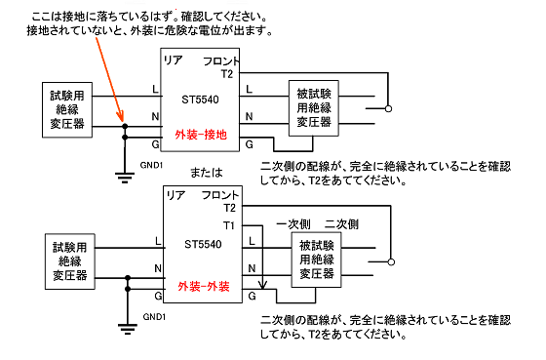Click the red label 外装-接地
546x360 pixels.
pyautogui.click(x=201, y=136)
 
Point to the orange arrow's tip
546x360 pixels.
pyautogui.click(x=123, y=125)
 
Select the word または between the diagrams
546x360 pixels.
pyautogui.click(x=207, y=172)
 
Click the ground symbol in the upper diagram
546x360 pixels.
pyautogui.click(x=125, y=175)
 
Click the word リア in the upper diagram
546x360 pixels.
pyautogui.click(x=173, y=61)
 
